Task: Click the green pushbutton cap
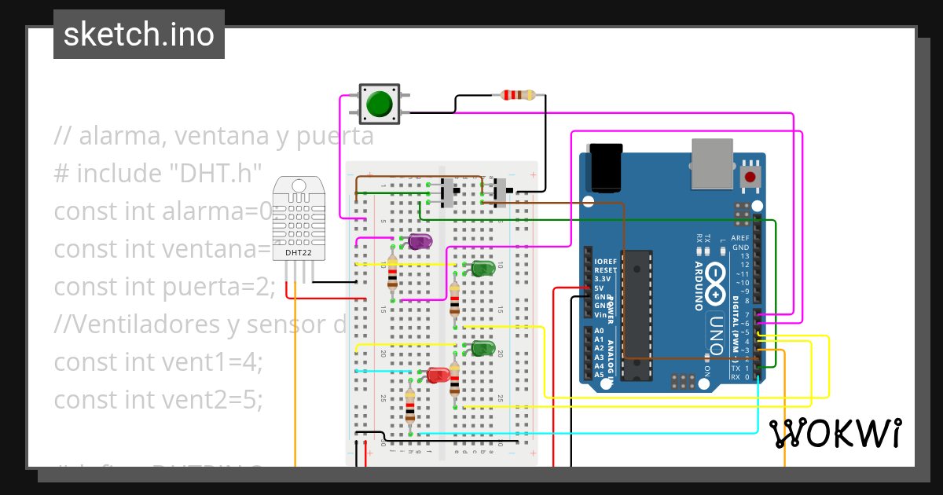(380, 104)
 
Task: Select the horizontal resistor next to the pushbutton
(517, 96)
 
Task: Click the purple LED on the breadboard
(418, 241)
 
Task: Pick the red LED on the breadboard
(439, 375)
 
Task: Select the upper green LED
(483, 269)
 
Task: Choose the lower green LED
(483, 347)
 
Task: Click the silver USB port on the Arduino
(714, 164)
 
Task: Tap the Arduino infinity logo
(717, 284)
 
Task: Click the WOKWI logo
(835, 433)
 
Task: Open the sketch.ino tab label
(139, 35)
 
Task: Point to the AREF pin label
(739, 238)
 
